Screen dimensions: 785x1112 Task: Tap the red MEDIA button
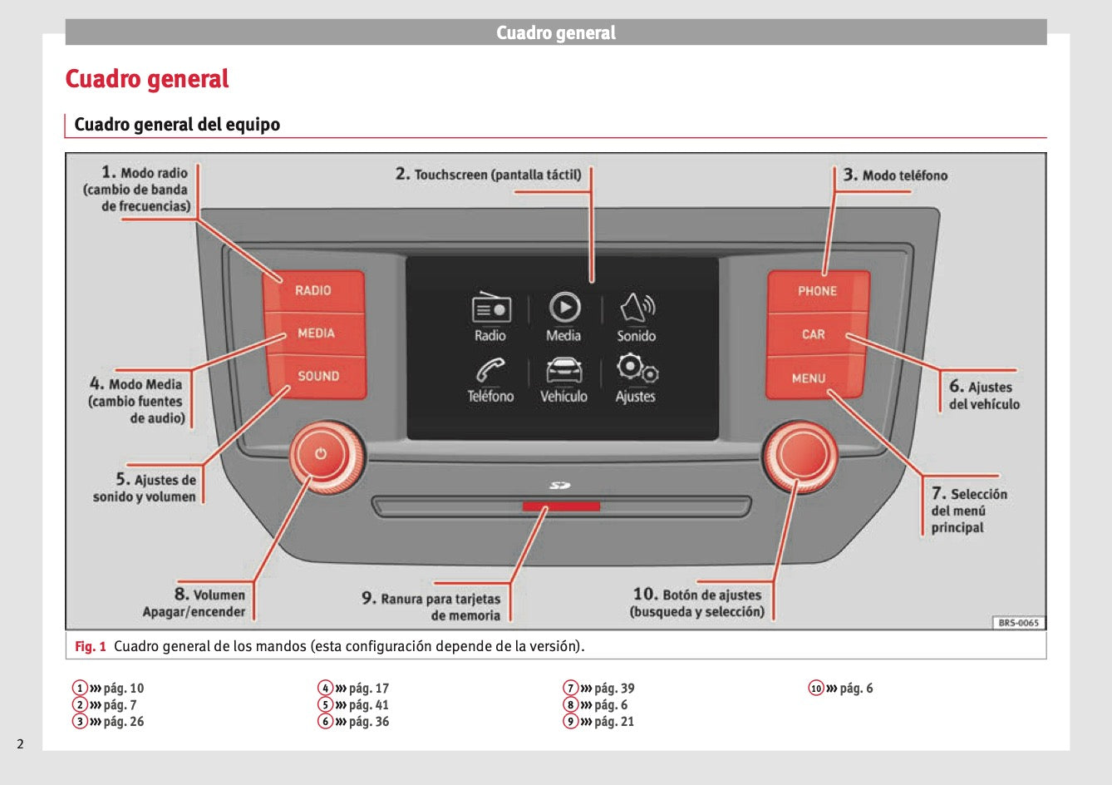click(x=316, y=333)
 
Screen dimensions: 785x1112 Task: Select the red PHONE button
click(x=817, y=291)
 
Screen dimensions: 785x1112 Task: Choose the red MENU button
click(x=809, y=378)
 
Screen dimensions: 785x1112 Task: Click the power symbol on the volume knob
click(x=321, y=454)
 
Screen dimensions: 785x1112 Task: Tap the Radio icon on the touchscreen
click(x=490, y=308)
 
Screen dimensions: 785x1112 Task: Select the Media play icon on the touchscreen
click(x=564, y=308)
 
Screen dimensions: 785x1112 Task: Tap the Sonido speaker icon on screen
click(x=637, y=308)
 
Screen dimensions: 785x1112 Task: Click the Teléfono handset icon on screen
click(x=490, y=369)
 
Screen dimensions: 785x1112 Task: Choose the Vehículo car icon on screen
click(x=563, y=369)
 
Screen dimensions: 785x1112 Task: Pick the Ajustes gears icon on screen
click(x=637, y=368)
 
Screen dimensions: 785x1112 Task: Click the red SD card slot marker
click(x=561, y=506)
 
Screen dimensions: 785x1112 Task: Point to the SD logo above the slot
click(x=560, y=486)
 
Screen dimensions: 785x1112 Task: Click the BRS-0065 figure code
click(x=1018, y=623)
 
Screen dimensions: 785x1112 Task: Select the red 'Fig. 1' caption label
click(x=91, y=646)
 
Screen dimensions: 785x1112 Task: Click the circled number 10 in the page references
click(x=816, y=688)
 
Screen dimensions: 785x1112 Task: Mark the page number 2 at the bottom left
click(x=21, y=743)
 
